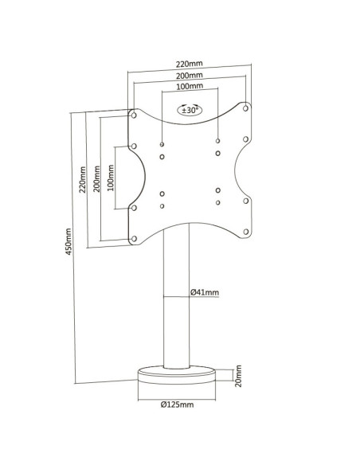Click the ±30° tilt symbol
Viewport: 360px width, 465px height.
(190, 110)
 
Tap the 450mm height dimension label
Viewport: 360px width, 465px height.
(68, 241)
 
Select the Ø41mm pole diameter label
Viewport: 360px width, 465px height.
(205, 292)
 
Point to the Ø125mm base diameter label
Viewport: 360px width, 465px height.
(178, 404)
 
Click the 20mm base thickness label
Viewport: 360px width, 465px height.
(238, 376)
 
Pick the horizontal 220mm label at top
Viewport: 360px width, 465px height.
(190, 64)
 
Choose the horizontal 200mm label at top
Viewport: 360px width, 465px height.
(190, 76)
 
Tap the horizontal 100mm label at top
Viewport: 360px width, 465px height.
(190, 86)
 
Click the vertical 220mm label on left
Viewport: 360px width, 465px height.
(82, 179)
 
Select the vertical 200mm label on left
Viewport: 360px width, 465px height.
(96, 178)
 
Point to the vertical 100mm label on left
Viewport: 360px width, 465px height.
(111, 178)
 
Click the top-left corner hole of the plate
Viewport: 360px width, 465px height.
(134, 115)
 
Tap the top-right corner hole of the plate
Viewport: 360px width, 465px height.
(245, 108)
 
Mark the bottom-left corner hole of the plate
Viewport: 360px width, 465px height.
(134, 238)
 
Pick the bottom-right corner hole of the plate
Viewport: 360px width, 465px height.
(246, 232)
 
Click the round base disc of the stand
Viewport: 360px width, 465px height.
(177, 376)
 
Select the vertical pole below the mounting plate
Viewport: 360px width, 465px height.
(177, 295)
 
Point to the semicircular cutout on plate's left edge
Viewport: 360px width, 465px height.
(144, 177)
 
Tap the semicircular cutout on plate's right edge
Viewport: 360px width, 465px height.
(236, 170)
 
